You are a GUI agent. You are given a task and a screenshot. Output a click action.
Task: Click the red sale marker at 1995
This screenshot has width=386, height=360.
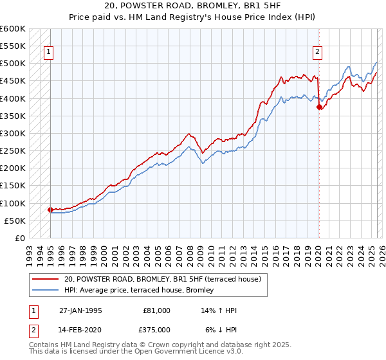(50, 210)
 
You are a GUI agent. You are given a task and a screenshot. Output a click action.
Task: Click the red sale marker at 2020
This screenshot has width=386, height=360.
(318, 107)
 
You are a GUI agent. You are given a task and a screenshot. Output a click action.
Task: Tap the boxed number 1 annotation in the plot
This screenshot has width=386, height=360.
(49, 53)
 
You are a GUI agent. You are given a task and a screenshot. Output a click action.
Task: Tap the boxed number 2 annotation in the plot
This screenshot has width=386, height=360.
(318, 53)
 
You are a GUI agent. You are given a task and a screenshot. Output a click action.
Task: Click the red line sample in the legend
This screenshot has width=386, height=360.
(46, 280)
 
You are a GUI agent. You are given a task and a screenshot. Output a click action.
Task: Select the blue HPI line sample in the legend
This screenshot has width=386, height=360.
(46, 291)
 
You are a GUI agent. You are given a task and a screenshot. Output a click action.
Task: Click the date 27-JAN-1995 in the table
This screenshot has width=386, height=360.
(80, 310)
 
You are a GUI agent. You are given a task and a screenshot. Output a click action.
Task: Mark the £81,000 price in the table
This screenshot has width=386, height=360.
(156, 310)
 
